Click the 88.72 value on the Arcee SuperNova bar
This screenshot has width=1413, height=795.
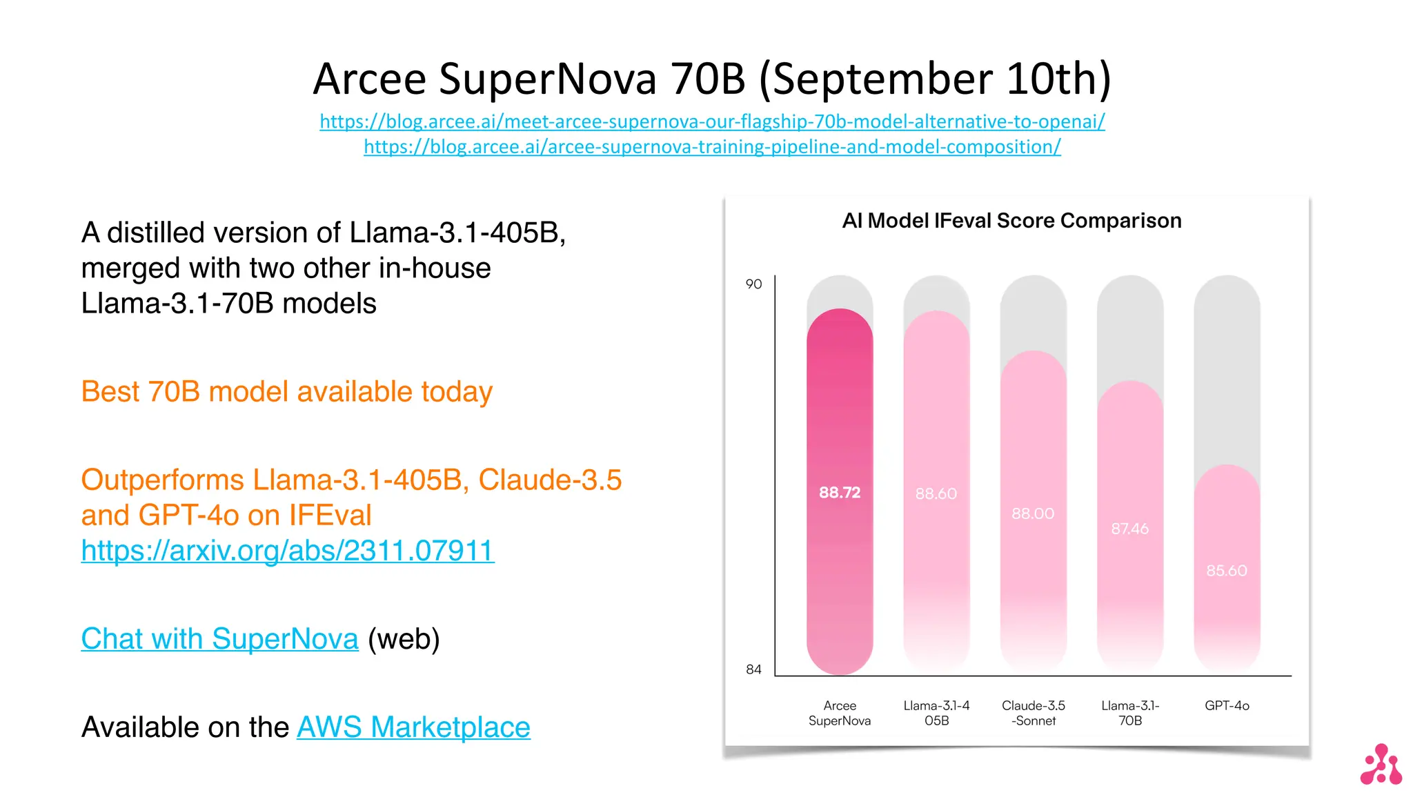(x=840, y=493)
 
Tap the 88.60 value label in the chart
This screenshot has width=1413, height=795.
(x=936, y=494)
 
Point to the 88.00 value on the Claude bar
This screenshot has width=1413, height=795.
(x=1033, y=514)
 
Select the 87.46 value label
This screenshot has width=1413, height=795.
(x=1130, y=529)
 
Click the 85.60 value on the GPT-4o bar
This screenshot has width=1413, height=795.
(x=1227, y=571)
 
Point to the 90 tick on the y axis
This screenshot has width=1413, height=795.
(x=753, y=284)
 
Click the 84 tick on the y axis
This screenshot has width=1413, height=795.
(x=753, y=669)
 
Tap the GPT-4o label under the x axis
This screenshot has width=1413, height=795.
(x=1227, y=706)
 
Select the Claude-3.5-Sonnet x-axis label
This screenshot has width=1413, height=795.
(x=1034, y=713)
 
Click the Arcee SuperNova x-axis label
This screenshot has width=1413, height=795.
(x=840, y=713)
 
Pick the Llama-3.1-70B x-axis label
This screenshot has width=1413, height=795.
(x=1130, y=713)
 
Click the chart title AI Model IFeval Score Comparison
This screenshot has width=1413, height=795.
(x=1011, y=221)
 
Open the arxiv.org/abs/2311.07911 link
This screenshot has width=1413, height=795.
(x=288, y=551)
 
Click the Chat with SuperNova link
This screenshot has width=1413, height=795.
(x=220, y=639)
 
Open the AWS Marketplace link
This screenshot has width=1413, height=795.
(x=413, y=727)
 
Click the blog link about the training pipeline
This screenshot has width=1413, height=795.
(x=712, y=147)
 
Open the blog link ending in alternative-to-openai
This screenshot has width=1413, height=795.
(x=712, y=122)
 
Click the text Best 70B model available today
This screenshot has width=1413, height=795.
(x=287, y=392)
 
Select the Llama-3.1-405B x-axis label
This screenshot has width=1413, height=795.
(x=936, y=713)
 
